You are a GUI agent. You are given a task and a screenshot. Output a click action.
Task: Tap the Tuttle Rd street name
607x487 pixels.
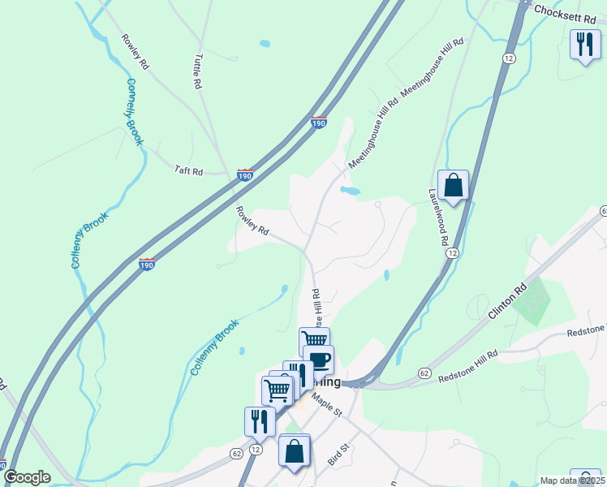[x=197, y=71]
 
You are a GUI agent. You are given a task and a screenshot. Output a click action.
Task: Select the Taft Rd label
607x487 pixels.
[x=188, y=170]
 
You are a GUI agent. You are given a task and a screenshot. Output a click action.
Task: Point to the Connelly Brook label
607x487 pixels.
[x=134, y=113]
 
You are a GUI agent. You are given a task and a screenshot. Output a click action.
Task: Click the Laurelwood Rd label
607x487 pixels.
[x=439, y=218]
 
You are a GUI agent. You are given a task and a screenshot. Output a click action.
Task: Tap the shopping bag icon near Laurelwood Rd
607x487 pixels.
[x=453, y=184]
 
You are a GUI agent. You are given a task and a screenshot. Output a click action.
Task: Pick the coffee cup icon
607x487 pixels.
[x=318, y=359]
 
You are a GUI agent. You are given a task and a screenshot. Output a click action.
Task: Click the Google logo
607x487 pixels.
[x=27, y=478]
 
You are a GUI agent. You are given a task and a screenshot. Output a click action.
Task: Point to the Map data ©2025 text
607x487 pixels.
[x=571, y=481]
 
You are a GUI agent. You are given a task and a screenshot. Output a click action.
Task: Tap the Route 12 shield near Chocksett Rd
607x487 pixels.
[x=509, y=58]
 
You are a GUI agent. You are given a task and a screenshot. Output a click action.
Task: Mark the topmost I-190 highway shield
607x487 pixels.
[x=318, y=123]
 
